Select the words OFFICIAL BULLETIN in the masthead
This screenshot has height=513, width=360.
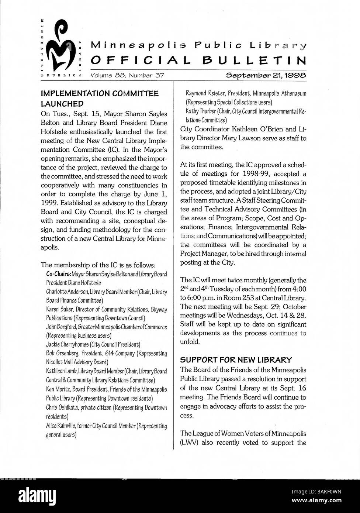tap(198, 61)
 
